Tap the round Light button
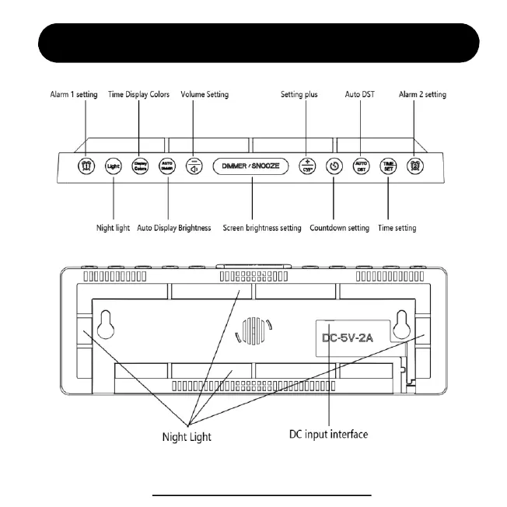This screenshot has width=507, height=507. pyautogui.click(x=114, y=166)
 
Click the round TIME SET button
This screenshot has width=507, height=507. pyautogui.click(x=387, y=166)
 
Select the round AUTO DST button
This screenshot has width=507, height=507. pyautogui.click(x=361, y=166)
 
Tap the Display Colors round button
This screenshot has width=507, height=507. pyautogui.click(x=139, y=166)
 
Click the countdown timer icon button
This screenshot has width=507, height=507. pyautogui.click(x=334, y=166)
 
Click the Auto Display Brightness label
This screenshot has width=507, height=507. pyautogui.click(x=173, y=229)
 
